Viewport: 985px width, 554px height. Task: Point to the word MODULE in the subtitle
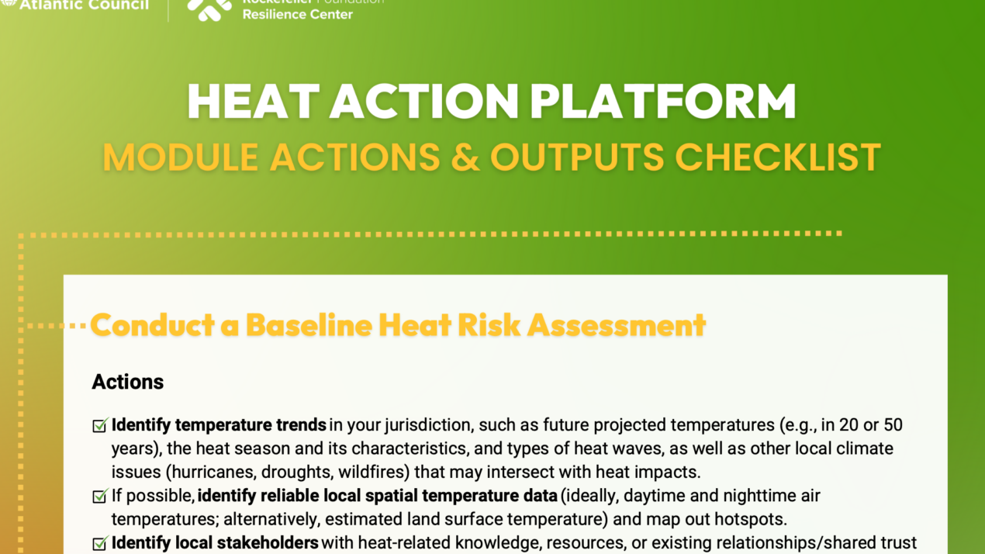[180, 157]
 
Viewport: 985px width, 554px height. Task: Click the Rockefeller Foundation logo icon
[209, 8]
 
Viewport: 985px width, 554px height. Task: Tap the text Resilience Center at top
[297, 14]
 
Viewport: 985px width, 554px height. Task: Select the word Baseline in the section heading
[309, 325]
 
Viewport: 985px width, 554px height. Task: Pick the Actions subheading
[127, 382]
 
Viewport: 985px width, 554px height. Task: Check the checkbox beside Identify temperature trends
[99, 426]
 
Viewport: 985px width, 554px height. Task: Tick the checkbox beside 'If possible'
[99, 497]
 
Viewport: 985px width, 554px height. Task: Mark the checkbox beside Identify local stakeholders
[99, 544]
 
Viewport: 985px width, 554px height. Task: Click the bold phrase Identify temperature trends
[219, 425]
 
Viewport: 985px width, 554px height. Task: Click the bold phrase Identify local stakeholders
[215, 543]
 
